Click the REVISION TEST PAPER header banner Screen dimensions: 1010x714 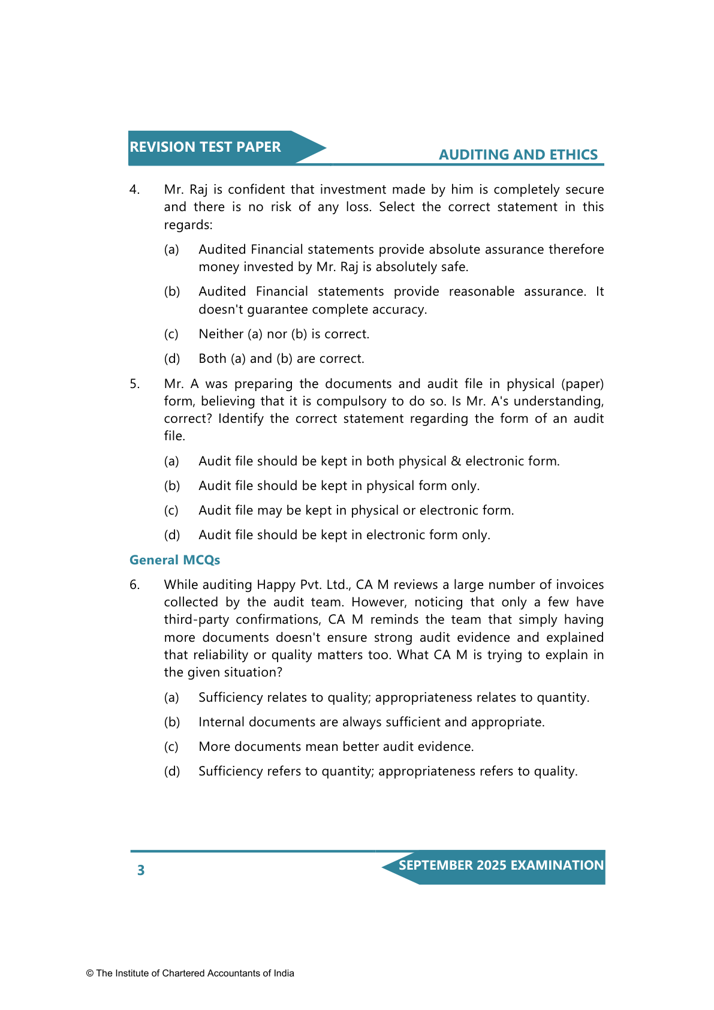coord(205,148)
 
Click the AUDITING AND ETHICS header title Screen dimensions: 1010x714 coord(518,155)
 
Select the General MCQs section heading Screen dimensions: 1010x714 coord(174,560)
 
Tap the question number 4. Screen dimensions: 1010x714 coord(134,190)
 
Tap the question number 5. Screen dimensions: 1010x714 coord(134,384)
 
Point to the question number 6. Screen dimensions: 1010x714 coord(134,585)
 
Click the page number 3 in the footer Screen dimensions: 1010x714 coord(141,870)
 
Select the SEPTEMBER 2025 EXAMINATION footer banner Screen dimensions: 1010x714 coord(501,865)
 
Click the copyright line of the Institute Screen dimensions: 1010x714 coord(190,973)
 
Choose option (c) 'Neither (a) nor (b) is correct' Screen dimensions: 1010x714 coord(284,334)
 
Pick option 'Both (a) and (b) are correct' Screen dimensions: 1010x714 coord(281,359)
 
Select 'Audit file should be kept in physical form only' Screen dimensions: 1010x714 coord(339,486)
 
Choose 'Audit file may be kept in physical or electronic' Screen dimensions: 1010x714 coord(356,510)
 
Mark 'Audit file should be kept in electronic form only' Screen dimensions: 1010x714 coord(344,535)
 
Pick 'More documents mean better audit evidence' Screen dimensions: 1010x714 coord(336,747)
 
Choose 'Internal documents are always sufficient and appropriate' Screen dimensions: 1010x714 coord(371,722)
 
